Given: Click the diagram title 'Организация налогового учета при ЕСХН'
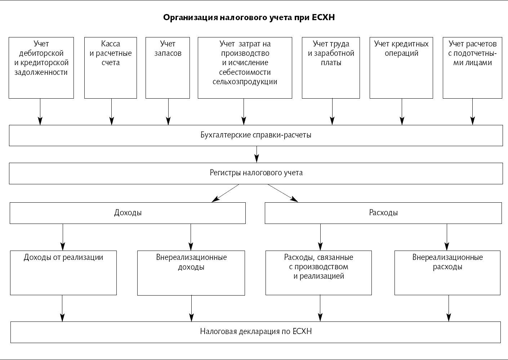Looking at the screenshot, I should (249, 18).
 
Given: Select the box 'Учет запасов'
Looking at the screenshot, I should (168, 67).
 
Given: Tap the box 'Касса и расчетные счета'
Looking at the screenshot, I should (111, 67).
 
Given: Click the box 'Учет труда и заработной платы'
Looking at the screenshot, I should (331, 67).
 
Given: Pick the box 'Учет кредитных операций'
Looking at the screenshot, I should (401, 67).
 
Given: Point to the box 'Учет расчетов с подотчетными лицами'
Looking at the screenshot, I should (472, 67).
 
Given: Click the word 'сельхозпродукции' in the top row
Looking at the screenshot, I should (245, 82).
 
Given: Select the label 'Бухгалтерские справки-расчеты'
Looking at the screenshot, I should (256, 135).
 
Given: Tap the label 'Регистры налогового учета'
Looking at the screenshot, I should (256, 173).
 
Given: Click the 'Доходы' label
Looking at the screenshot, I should (128, 213).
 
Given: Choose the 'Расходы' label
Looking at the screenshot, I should (383, 213).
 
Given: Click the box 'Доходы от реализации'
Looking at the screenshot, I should (63, 273).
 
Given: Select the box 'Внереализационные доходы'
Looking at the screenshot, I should (191, 273).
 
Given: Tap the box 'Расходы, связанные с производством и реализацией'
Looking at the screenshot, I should (318, 273).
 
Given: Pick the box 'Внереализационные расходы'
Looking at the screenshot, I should (447, 273).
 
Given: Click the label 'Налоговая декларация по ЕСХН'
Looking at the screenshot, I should (256, 332).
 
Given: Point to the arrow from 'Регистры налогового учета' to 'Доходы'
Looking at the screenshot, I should (225, 193).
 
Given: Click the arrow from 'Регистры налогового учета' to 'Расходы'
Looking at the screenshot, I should (283, 193).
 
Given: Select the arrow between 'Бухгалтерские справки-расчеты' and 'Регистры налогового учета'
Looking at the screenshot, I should (257, 154).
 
